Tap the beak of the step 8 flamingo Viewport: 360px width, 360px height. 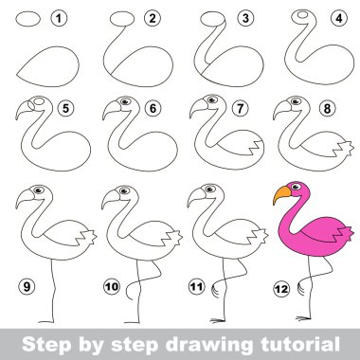click(280, 113)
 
